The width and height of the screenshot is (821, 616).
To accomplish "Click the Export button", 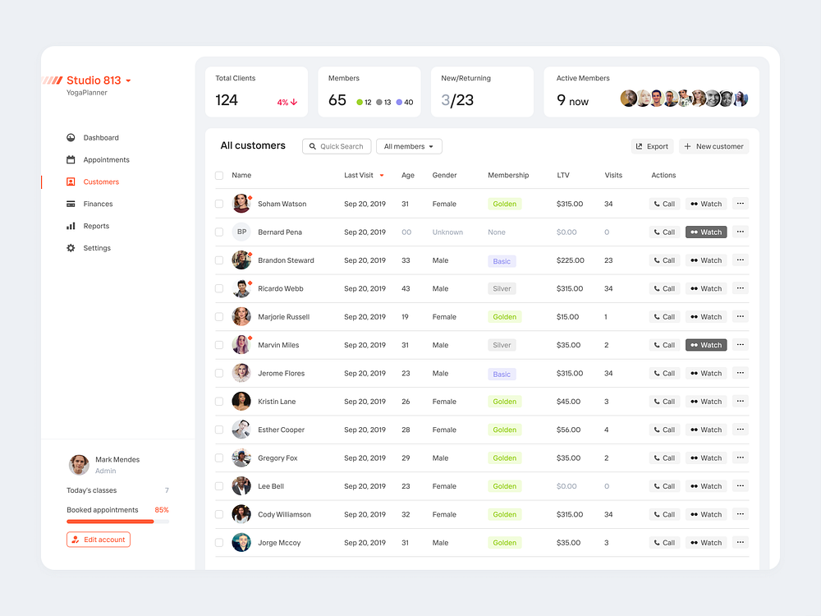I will (x=652, y=146).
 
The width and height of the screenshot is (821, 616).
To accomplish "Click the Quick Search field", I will (x=337, y=146).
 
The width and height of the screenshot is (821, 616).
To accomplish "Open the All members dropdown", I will (x=409, y=146).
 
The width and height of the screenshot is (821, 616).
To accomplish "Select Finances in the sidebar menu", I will (x=98, y=204).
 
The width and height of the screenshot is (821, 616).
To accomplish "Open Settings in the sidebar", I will (x=97, y=248).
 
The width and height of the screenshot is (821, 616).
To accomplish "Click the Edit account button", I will (x=99, y=540).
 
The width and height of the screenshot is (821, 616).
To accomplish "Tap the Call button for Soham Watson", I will (x=664, y=204).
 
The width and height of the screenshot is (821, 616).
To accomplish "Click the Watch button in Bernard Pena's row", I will (x=706, y=232).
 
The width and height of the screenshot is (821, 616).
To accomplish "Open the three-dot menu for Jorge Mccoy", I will (x=741, y=542).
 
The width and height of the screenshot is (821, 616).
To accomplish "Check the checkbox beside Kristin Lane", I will (x=219, y=402).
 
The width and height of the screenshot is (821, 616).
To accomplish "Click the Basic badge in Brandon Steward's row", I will (x=502, y=261).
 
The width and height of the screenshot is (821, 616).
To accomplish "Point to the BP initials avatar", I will (x=241, y=232).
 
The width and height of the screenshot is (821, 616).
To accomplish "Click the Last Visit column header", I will (x=359, y=175).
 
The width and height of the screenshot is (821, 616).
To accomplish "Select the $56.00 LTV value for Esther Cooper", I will (x=568, y=430).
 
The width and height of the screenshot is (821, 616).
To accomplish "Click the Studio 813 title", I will (x=94, y=80).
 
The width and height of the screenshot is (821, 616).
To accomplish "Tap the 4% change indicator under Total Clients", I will (x=287, y=103).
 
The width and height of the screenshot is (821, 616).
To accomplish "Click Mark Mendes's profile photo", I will (x=79, y=465).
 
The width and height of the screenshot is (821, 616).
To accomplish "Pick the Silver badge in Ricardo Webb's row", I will (x=502, y=289).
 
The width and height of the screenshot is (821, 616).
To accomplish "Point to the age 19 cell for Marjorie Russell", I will (x=406, y=317).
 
